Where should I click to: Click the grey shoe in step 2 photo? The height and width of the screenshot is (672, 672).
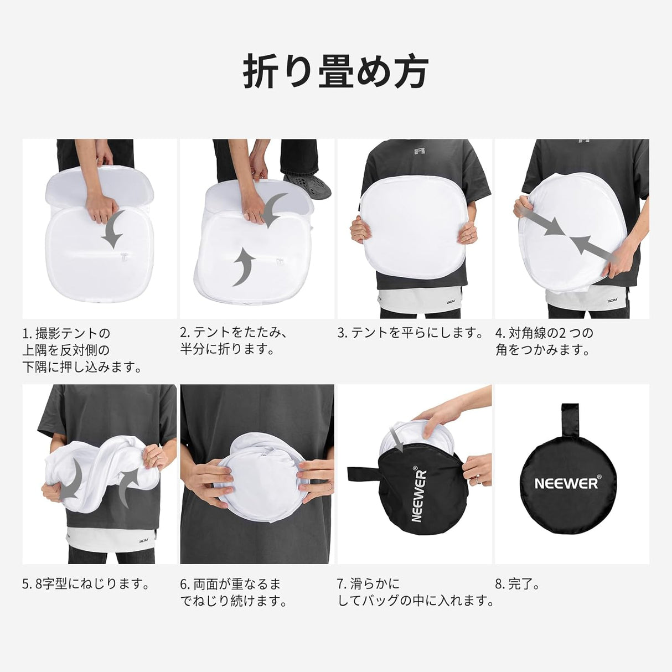[x=308, y=185]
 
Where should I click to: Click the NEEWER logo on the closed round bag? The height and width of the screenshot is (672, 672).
[x=566, y=483]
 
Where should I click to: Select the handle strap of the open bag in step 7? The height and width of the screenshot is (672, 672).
[x=363, y=476]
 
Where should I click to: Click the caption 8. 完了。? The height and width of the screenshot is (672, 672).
[x=517, y=584]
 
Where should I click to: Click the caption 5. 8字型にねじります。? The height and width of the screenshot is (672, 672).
[x=86, y=584]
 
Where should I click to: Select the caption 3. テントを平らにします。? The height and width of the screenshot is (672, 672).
[x=410, y=333]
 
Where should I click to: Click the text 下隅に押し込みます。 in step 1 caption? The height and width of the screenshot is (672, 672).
[x=82, y=367]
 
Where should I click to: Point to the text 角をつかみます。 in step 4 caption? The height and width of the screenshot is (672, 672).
[x=542, y=350]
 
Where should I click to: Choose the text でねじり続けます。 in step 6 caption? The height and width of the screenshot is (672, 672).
[x=234, y=601]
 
